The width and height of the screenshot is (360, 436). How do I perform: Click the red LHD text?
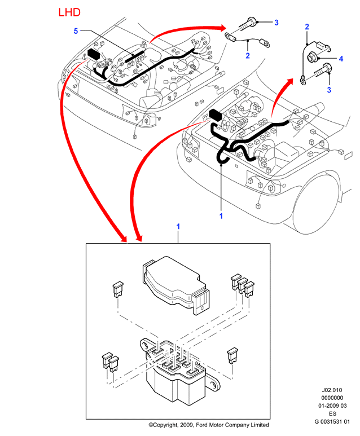tap(69, 12)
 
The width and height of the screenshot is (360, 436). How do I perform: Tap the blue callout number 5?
tap(76, 31)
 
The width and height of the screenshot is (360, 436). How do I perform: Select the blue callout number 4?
tap(341, 59)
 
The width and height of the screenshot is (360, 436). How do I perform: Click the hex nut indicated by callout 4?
tap(311, 58)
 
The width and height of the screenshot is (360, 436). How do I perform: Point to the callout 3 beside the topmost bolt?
tap(276, 23)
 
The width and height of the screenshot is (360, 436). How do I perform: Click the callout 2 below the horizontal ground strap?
tap(248, 56)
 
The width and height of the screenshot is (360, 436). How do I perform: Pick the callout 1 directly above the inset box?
tap(178, 227)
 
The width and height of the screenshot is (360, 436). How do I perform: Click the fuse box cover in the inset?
tap(176, 284)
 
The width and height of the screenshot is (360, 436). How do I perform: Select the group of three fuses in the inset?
tap(243, 286)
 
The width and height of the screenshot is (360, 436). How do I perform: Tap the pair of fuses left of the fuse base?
tap(110, 362)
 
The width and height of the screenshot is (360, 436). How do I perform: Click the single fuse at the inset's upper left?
tap(118, 290)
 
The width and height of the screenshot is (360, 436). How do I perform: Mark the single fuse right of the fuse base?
tap(232, 355)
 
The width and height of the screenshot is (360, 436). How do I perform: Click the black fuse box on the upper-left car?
tap(94, 54)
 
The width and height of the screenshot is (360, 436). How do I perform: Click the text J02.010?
tap(332, 390)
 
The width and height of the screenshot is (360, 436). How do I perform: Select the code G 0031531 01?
tap(332, 421)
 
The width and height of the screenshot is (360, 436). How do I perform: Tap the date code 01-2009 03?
tap(332, 406)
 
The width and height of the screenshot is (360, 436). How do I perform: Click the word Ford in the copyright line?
tap(201, 425)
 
